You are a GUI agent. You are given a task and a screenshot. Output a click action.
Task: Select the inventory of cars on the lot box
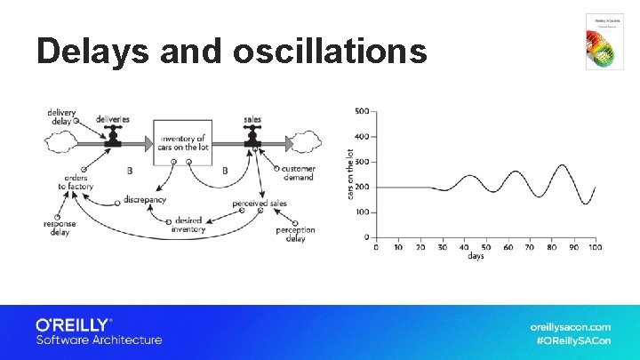[182, 142]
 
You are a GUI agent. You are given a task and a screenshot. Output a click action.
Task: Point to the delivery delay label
[60, 116]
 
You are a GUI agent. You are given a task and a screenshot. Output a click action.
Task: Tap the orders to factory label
[76, 181]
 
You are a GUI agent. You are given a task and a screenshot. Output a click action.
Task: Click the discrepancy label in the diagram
[145, 200]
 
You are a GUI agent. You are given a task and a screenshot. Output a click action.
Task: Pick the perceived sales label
[260, 204]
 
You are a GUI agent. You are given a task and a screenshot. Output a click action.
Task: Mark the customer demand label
[299, 172]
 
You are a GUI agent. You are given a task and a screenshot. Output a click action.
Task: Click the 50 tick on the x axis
[486, 246]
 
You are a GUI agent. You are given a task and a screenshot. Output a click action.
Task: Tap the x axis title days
[476, 257]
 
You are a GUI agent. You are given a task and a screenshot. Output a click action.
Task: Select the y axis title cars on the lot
[350, 172]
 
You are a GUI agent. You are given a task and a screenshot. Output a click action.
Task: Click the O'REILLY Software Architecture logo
[98, 332]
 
